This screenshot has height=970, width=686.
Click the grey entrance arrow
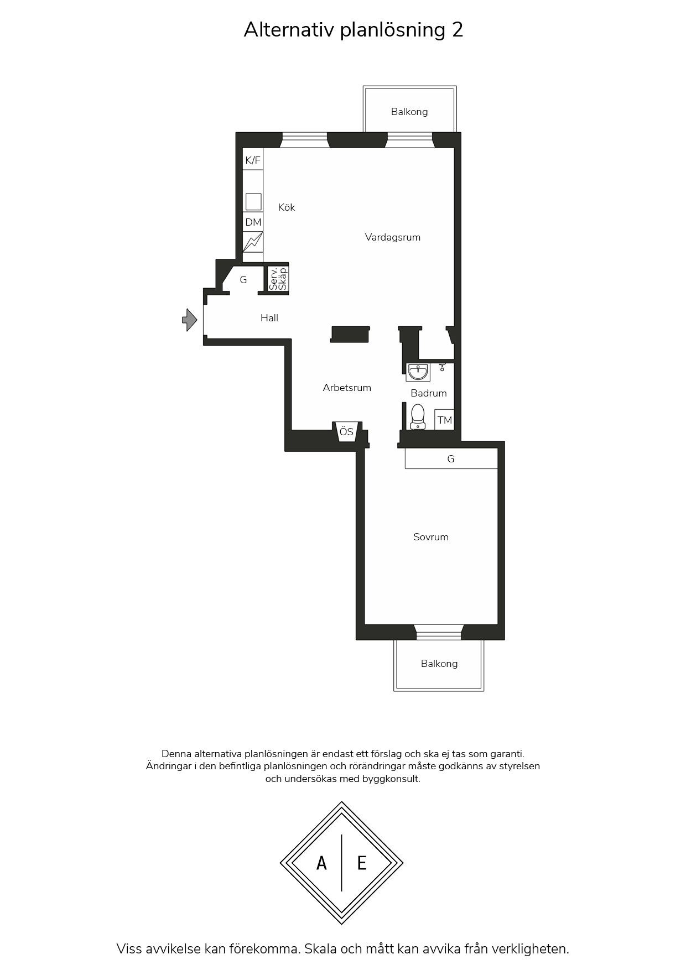click(190, 320)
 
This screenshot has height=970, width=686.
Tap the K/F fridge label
click(253, 160)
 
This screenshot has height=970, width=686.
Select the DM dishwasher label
click(253, 222)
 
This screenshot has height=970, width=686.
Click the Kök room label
click(287, 207)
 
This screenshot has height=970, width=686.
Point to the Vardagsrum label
click(393, 237)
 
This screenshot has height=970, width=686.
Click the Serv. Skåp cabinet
click(278, 279)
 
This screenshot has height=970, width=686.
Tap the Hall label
click(269, 318)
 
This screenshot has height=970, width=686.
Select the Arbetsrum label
click(347, 388)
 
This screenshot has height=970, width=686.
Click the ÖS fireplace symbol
click(347, 431)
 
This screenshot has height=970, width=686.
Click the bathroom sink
click(418, 372)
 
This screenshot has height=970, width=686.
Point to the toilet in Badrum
click(418, 416)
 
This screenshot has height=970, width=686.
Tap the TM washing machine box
click(445, 420)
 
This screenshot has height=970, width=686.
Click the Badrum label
click(429, 393)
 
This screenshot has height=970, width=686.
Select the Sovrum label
click(431, 537)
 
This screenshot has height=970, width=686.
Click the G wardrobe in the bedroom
click(451, 458)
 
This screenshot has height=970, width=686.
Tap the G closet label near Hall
click(243, 280)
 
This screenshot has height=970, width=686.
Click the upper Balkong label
click(409, 112)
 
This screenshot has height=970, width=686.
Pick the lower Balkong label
click(439, 664)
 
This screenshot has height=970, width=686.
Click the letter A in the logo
click(321, 863)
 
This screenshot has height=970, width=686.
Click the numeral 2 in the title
click(458, 29)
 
